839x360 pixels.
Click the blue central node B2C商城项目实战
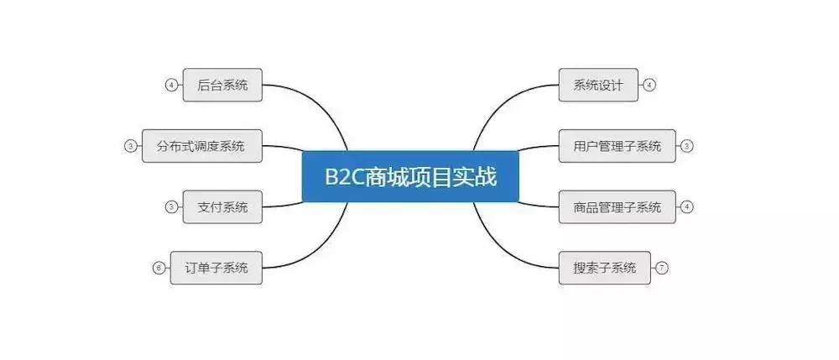[410, 177]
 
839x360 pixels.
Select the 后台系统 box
[222, 85]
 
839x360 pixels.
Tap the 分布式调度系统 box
[201, 146]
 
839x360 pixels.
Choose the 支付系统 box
[222, 206]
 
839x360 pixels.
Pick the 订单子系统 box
[216, 268]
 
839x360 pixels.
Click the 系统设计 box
[598, 85]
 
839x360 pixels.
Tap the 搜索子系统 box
[604, 268]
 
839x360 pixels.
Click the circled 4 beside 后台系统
[171, 85]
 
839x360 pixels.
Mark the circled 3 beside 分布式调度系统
[130, 146]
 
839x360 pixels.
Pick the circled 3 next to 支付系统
[171, 206]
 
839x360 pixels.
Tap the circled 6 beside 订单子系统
[159, 268]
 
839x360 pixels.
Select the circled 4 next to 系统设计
[649, 85]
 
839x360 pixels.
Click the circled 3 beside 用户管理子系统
[687, 146]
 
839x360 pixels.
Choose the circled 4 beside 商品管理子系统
[687, 206]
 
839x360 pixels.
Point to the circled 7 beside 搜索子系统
[662, 268]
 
